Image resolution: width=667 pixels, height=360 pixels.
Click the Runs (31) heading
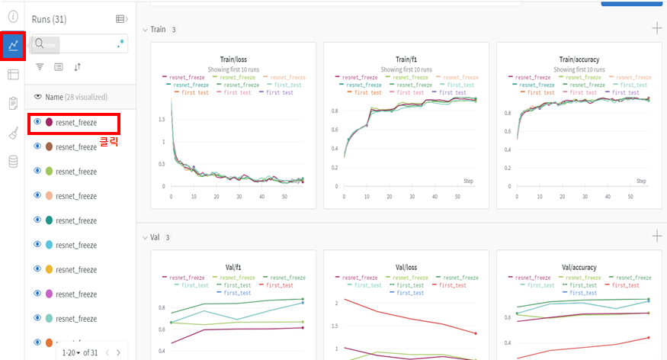(49, 19)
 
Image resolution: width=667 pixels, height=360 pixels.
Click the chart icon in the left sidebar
(13, 46)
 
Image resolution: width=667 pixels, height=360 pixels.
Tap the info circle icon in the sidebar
(13, 15)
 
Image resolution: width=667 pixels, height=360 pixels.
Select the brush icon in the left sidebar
(13, 133)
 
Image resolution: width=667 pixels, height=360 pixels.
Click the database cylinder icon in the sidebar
(13, 161)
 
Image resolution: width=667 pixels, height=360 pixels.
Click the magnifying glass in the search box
(40, 44)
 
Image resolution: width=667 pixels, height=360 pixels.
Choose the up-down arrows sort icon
(77, 67)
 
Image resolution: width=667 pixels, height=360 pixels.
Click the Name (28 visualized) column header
(75, 97)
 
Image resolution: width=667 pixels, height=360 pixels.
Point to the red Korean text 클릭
(109, 141)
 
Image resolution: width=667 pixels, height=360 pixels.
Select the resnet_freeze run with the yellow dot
(75, 269)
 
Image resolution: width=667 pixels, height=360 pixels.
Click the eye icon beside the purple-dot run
(37, 294)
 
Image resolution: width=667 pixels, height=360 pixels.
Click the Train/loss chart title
(232, 59)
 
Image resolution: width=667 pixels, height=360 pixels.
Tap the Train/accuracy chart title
(577, 59)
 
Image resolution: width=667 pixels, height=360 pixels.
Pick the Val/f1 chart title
(232, 268)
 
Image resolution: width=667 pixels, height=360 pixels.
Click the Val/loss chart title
(405, 268)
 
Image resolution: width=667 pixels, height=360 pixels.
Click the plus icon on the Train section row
(656, 29)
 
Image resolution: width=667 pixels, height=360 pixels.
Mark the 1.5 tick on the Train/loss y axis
(162, 120)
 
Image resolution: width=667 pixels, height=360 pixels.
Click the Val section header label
(155, 237)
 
